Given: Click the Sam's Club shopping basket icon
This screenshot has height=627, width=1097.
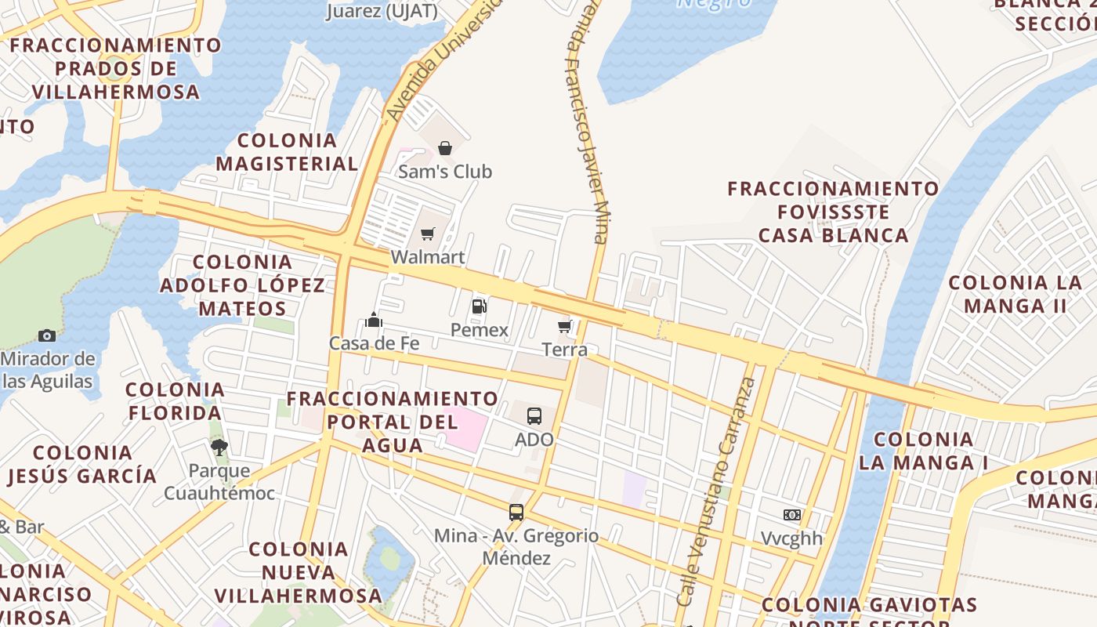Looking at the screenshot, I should pyautogui.click(x=445, y=148).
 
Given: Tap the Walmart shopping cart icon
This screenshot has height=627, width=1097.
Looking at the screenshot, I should pyautogui.click(x=428, y=234).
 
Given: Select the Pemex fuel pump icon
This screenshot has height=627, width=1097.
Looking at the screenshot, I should pyautogui.click(x=480, y=306).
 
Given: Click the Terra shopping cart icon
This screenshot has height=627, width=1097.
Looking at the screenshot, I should pyautogui.click(x=565, y=326).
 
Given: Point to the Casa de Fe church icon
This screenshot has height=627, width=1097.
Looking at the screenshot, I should pyautogui.click(x=374, y=320).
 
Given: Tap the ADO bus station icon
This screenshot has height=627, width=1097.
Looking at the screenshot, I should pyautogui.click(x=534, y=416).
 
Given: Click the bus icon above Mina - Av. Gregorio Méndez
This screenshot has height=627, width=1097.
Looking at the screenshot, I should pyautogui.click(x=516, y=513).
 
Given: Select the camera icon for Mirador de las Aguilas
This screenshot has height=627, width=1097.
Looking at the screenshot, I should pyautogui.click(x=47, y=336).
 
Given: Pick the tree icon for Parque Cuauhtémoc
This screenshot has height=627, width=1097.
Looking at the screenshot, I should pyautogui.click(x=219, y=448).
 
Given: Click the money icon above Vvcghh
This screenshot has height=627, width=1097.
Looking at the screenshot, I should pyautogui.click(x=792, y=515).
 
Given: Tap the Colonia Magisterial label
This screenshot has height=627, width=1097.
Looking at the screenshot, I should pyautogui.click(x=287, y=152).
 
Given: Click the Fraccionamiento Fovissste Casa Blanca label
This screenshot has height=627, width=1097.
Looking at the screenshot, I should pyautogui.click(x=834, y=212).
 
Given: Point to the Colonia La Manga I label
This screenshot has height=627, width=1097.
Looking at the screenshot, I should pyautogui.click(x=923, y=451).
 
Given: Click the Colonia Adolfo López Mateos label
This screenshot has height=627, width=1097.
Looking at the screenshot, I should pyautogui.click(x=242, y=285).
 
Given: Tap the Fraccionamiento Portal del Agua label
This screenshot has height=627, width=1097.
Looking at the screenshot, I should pyautogui.click(x=392, y=422).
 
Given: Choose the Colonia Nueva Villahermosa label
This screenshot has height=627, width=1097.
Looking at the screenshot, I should pyautogui.click(x=299, y=572).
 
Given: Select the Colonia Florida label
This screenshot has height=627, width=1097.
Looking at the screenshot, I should pyautogui.click(x=175, y=400).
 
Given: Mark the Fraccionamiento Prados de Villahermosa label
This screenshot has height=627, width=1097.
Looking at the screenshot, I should pyautogui.click(x=116, y=68).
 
